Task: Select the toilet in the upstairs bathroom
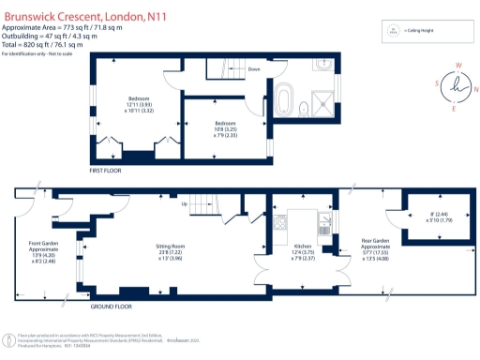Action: point(305,109)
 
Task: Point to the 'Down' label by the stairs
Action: point(254,69)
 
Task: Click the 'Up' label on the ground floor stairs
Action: point(184,204)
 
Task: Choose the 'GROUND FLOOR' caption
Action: point(112,307)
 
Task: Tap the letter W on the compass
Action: point(458,66)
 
